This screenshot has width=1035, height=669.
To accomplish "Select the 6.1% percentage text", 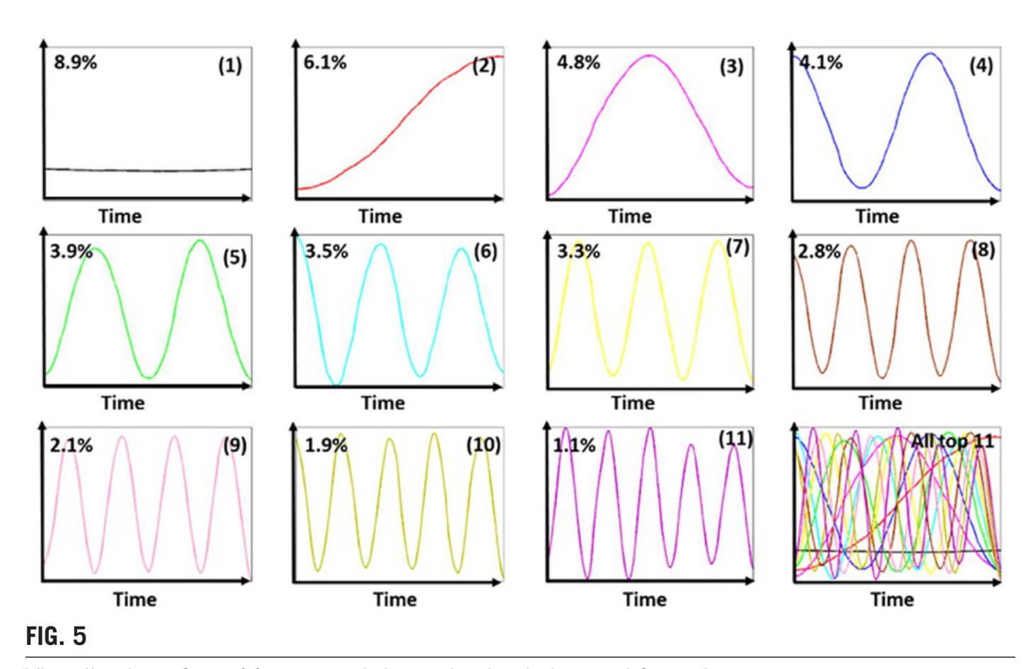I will (325, 62).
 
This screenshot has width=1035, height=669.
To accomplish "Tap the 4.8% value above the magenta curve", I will (578, 62).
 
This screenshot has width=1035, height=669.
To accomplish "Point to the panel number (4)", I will (981, 66).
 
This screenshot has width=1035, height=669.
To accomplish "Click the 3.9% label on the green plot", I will (71, 252).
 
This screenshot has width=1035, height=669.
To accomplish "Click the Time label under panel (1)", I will (119, 216).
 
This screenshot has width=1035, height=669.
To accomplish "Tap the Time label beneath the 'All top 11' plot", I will (892, 599).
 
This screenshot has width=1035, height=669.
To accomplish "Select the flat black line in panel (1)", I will (148, 170).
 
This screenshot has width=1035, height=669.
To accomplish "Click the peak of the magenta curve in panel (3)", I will (650, 55).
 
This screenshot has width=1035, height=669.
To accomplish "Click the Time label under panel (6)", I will (382, 403).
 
